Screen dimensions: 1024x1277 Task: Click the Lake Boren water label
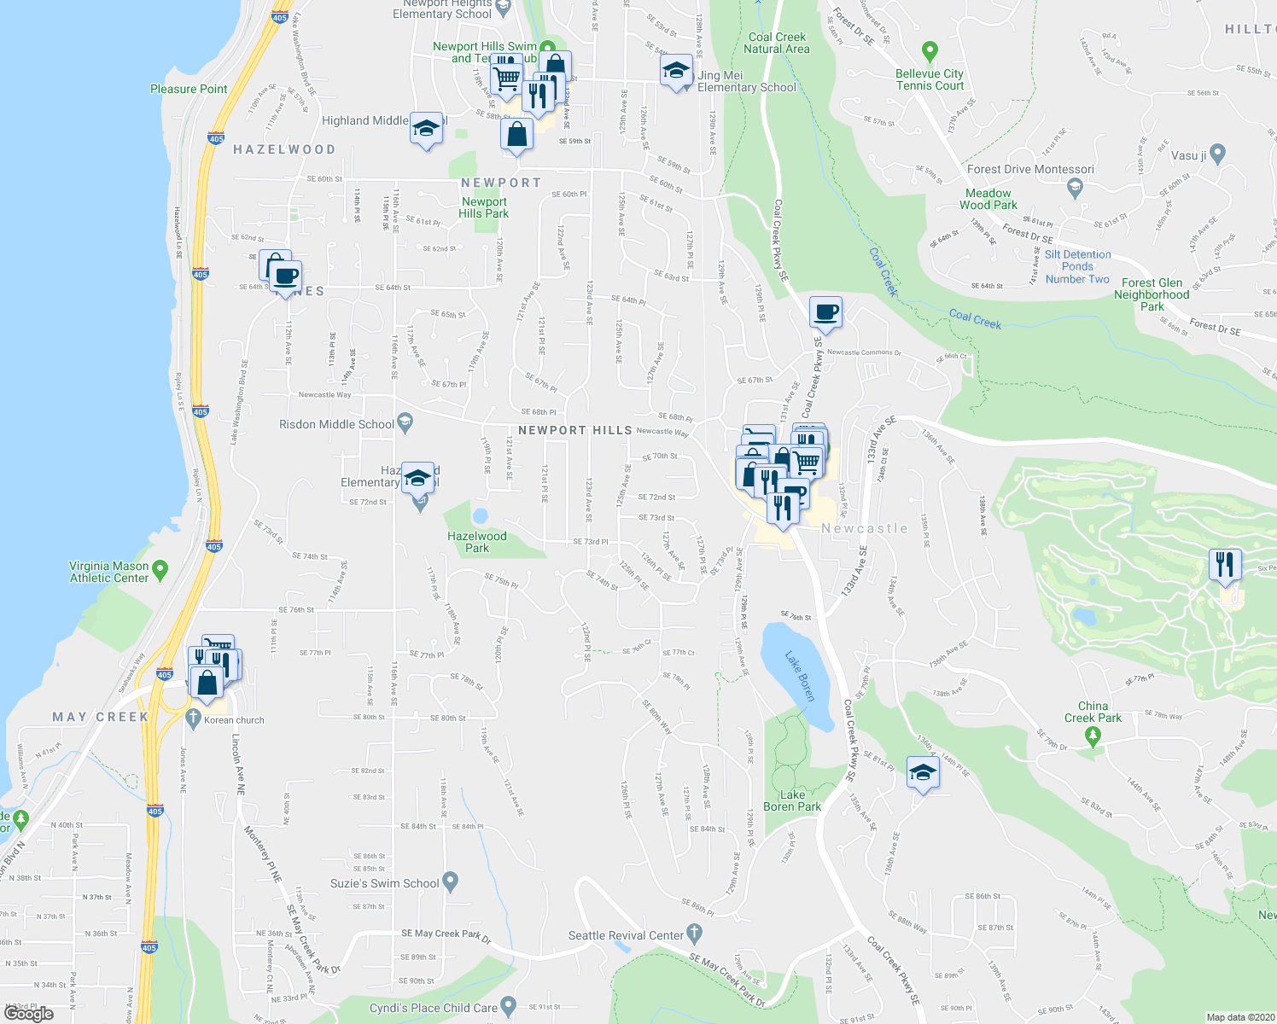tap(801, 676)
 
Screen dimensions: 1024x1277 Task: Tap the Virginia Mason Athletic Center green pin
tap(160, 568)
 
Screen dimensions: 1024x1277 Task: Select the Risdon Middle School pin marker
tap(405, 421)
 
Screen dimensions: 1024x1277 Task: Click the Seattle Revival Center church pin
tap(695, 932)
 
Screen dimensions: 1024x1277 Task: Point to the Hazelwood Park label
tap(477, 542)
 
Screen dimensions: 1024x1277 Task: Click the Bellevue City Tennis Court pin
tap(930, 52)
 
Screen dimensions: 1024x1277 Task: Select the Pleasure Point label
tap(189, 89)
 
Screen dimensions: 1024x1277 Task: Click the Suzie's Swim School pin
tap(452, 881)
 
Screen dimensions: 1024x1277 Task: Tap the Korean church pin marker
tap(193, 718)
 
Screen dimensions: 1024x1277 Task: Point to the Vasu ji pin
tap(1217, 154)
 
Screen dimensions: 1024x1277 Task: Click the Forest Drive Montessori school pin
tap(1075, 187)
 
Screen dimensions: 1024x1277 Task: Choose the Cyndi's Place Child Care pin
tap(509, 1005)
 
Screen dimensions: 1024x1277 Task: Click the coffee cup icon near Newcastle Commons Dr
tap(825, 313)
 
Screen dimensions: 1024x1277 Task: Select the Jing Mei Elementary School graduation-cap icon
tap(676, 71)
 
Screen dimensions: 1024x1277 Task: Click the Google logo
tap(29, 1014)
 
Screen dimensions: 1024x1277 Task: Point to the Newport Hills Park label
tap(484, 207)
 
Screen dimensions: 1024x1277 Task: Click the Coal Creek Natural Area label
tap(777, 43)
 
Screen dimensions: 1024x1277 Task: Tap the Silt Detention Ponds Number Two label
tap(1077, 266)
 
